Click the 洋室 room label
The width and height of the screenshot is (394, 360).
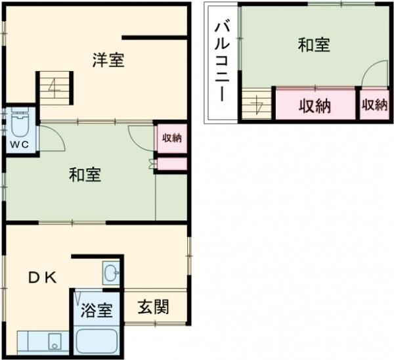point(108,60)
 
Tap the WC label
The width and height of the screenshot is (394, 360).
point(16,144)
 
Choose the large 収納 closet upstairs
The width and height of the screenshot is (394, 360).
point(315,105)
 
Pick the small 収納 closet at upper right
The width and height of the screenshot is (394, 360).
point(374,105)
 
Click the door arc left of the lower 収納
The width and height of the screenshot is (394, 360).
point(141,135)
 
